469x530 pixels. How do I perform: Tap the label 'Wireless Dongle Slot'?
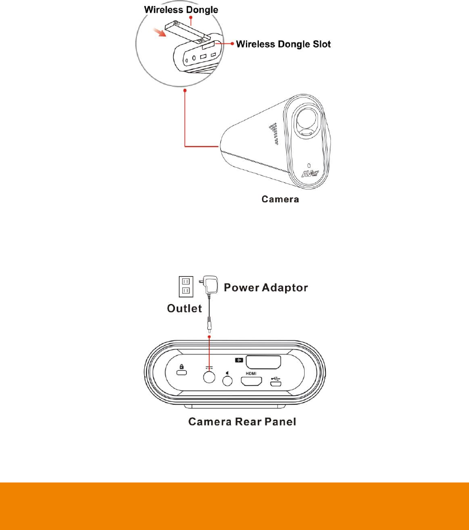click(x=284, y=44)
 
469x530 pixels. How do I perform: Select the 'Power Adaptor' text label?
click(x=266, y=287)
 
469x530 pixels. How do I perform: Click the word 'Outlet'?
click(x=184, y=308)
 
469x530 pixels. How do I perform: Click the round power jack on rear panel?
click(x=209, y=377)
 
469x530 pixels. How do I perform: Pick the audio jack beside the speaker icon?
click(x=228, y=381)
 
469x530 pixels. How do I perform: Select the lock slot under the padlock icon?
click(x=182, y=373)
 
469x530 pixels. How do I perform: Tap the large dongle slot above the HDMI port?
click(x=264, y=362)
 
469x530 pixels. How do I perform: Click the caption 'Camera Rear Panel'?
click(x=242, y=422)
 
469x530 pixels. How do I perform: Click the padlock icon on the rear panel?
click(x=182, y=367)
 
